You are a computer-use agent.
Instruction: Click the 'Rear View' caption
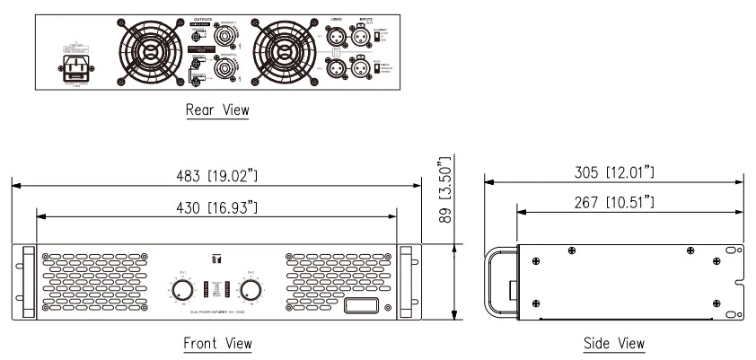216,110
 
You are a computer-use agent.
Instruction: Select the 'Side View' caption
614,343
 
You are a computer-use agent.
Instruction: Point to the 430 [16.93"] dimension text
216,208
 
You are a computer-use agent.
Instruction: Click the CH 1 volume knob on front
181,289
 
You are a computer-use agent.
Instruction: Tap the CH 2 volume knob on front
251,289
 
